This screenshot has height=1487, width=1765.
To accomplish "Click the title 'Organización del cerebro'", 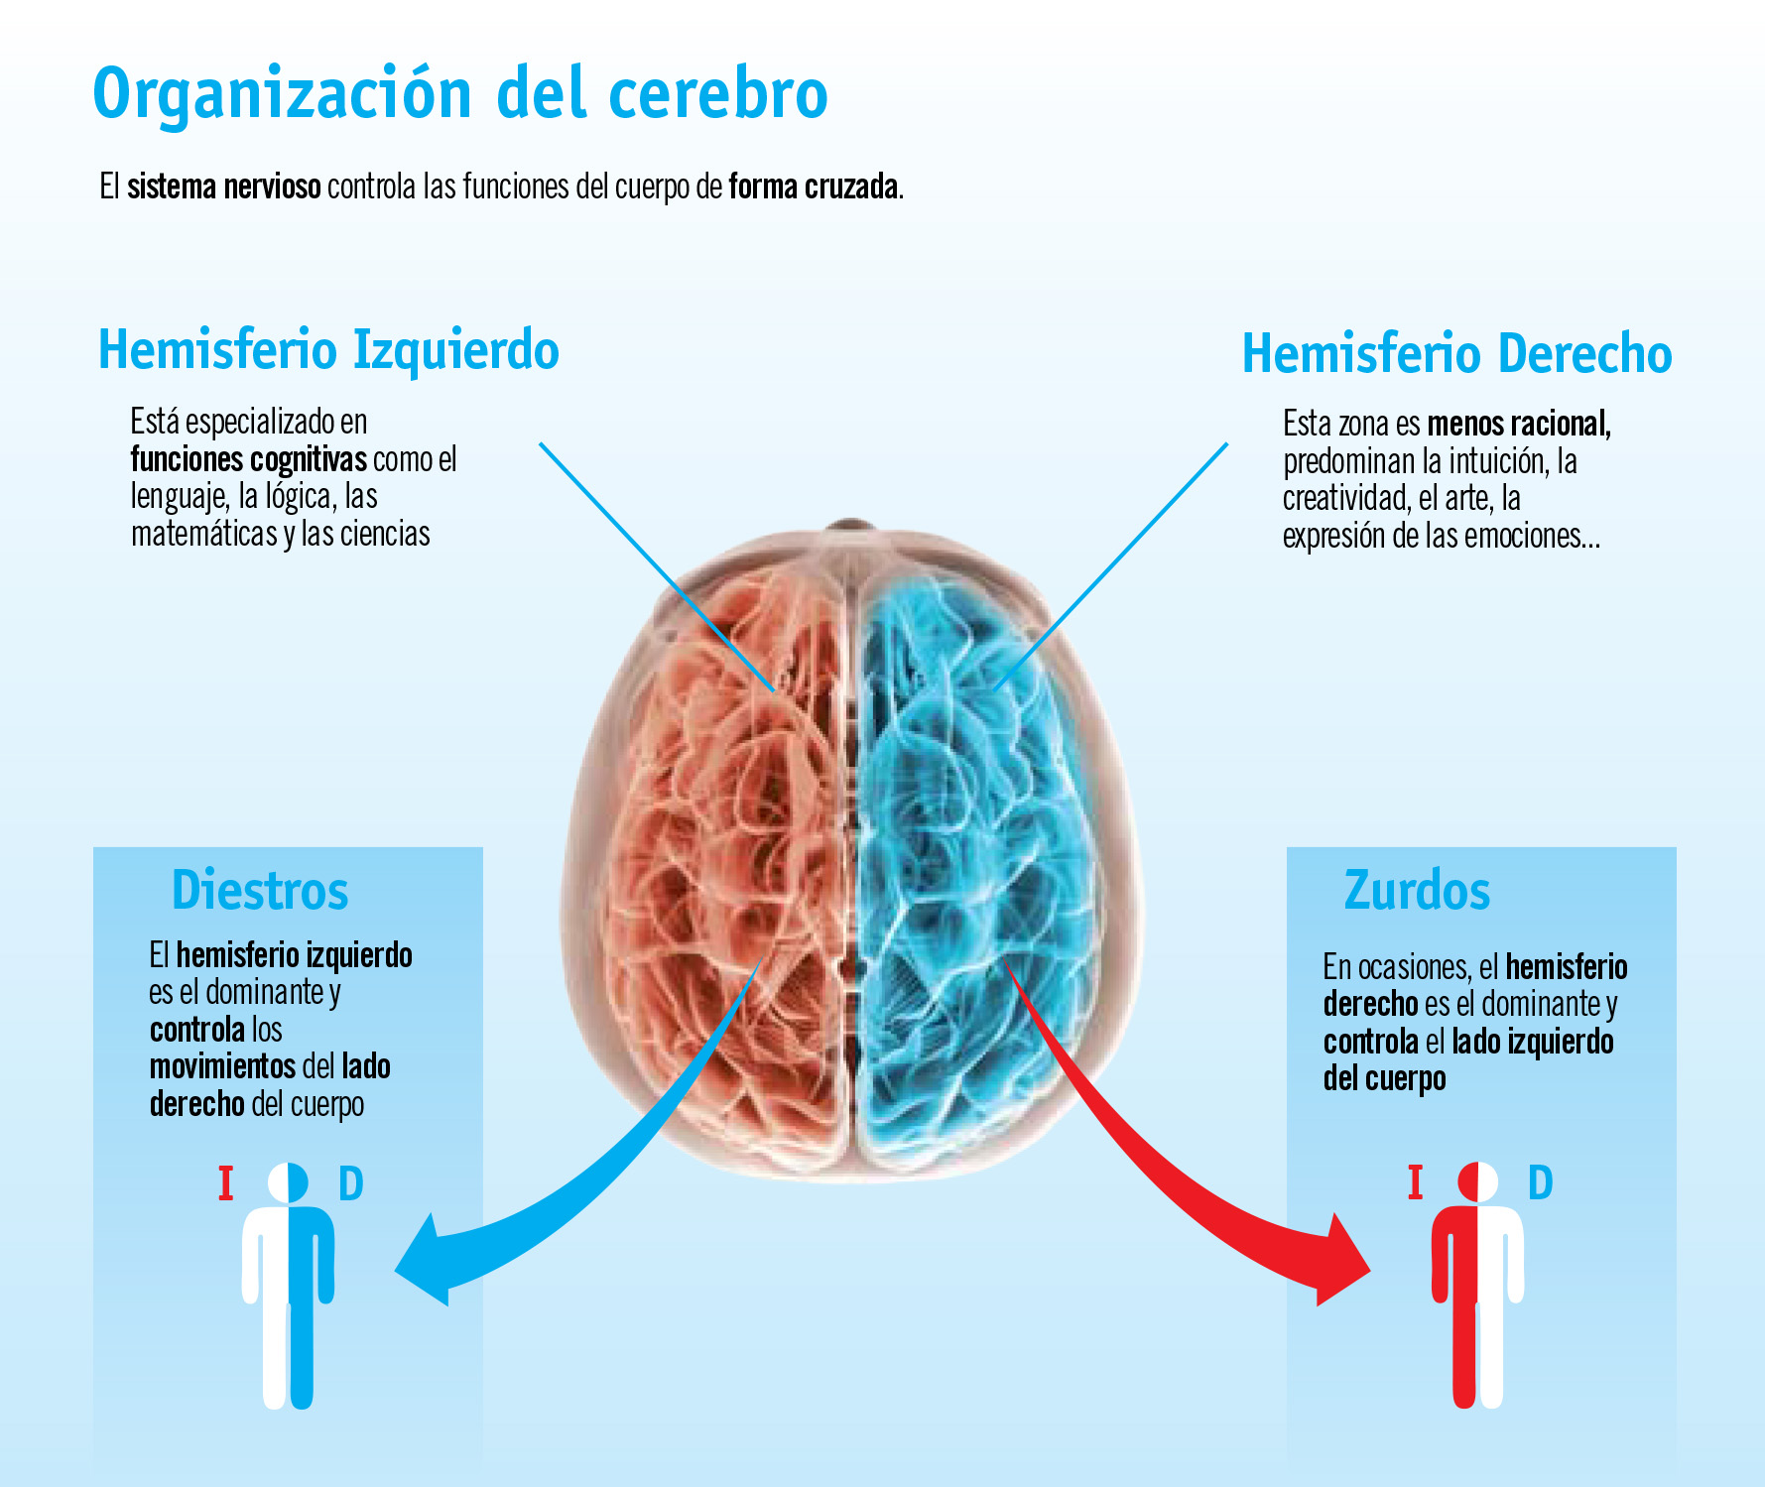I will [x=459, y=94].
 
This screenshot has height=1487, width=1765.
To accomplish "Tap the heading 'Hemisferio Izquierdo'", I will [x=328, y=350].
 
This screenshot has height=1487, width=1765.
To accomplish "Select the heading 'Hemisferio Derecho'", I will [x=1456, y=354].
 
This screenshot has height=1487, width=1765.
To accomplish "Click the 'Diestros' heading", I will [x=260, y=890].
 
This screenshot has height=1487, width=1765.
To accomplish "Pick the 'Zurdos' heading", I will [x=1417, y=890].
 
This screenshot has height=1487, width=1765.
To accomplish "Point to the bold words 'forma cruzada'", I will [x=814, y=186].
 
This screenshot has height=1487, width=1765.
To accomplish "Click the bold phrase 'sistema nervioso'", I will [x=223, y=186].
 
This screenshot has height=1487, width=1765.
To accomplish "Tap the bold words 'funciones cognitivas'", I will [x=248, y=459].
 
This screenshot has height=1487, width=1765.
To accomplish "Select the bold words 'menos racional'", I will [x=1517, y=425].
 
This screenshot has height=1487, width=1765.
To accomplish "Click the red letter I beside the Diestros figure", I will [x=226, y=1183].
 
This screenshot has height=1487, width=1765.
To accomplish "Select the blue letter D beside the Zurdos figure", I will [x=1540, y=1182].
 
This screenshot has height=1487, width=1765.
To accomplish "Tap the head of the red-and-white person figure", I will [x=1477, y=1181].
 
